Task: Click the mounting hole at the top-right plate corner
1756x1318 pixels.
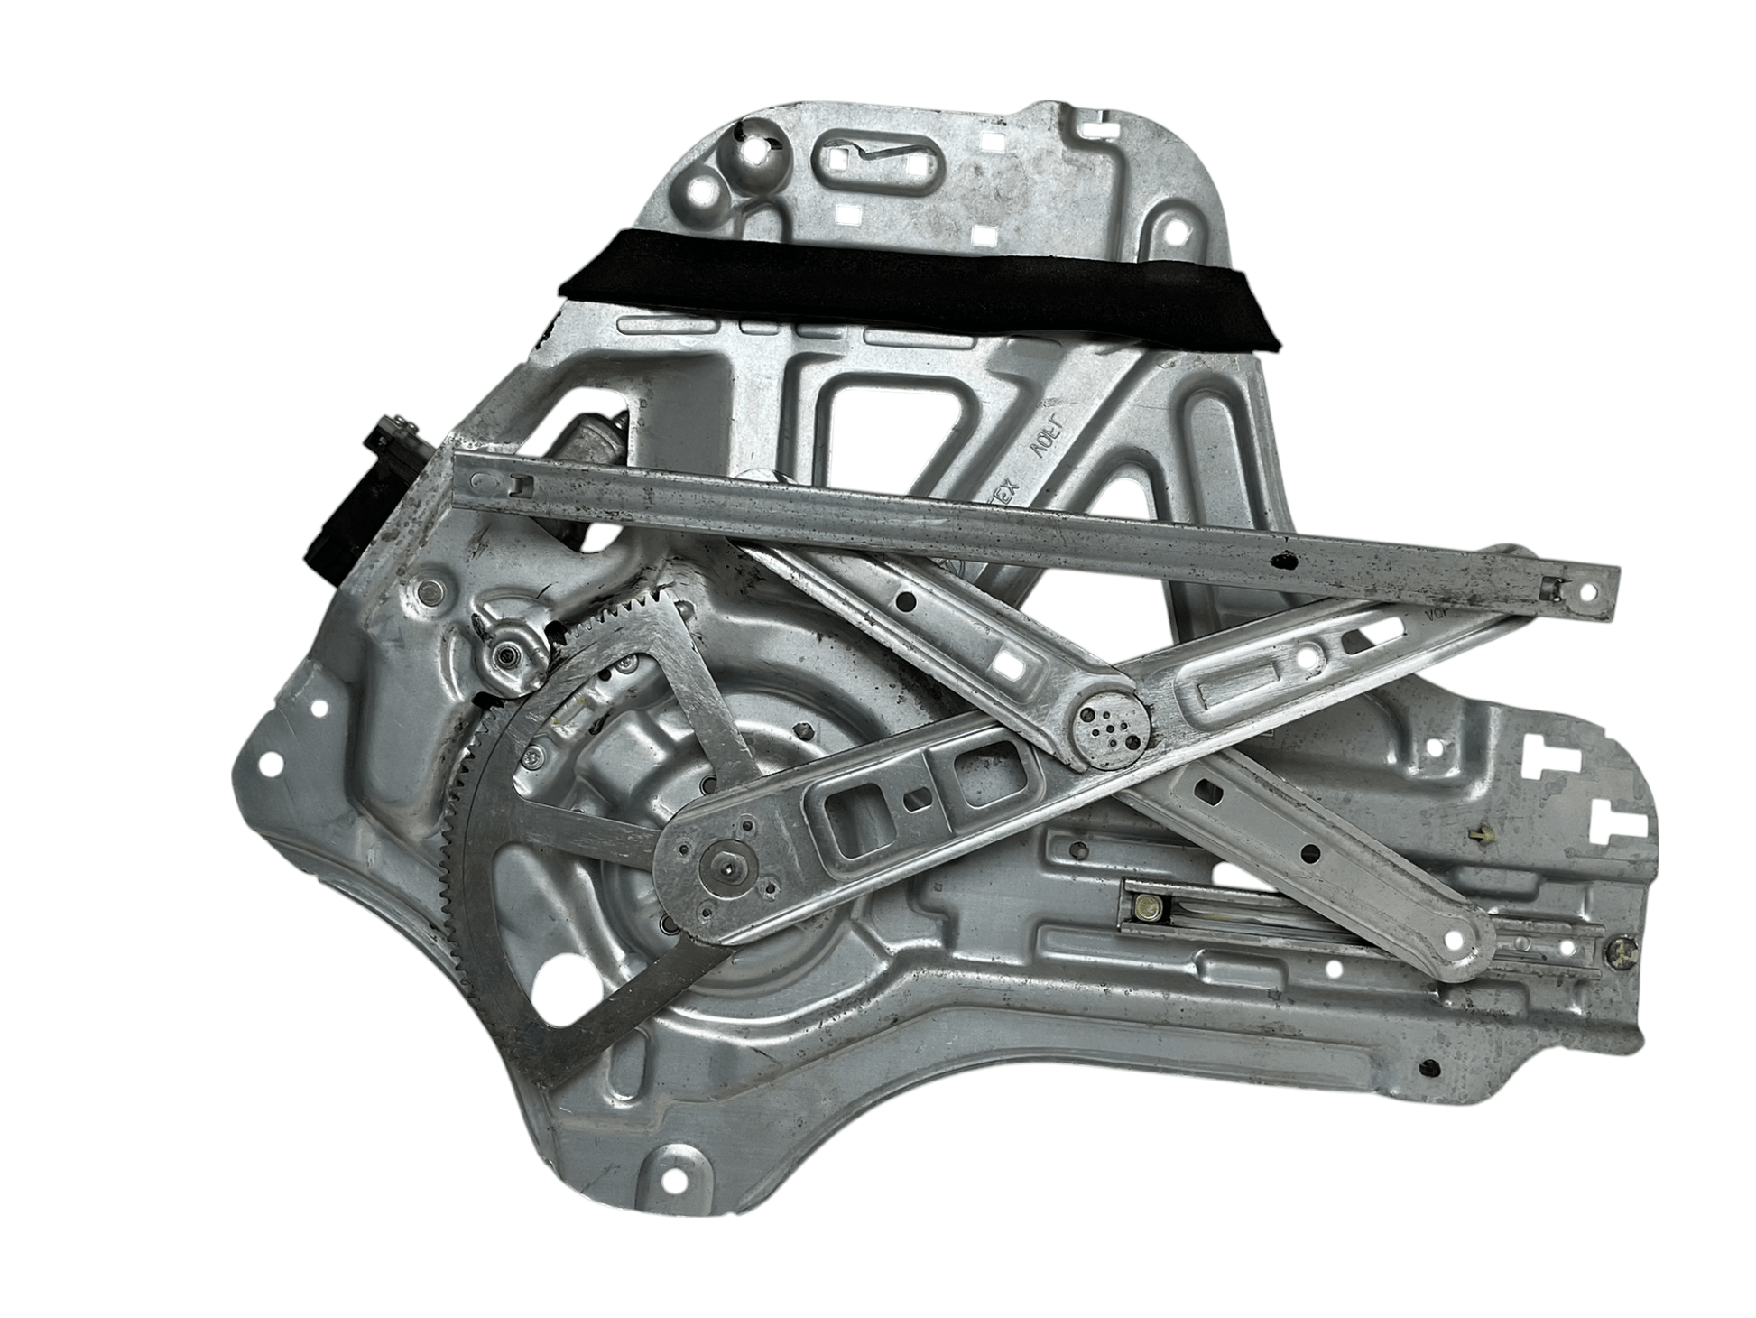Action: [x=1178, y=231]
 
